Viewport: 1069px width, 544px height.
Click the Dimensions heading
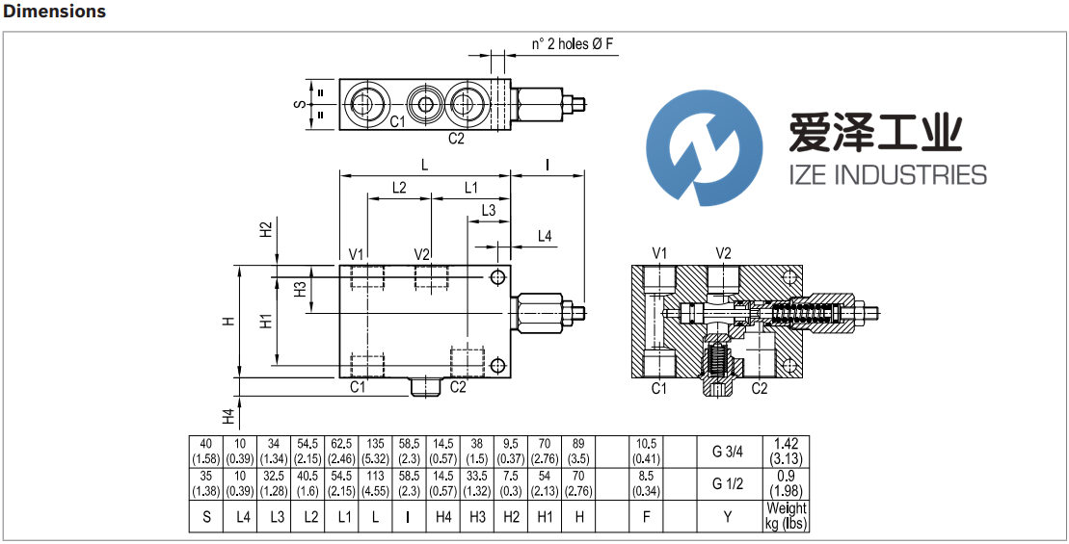(x=55, y=12)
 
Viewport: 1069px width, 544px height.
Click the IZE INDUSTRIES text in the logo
(x=875, y=174)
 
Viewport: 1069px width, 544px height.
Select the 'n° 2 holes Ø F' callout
(x=573, y=44)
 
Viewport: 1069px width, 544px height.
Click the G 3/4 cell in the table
(x=728, y=451)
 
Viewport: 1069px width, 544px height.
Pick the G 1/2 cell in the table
(x=728, y=484)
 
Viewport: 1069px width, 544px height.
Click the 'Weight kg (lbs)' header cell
(x=786, y=516)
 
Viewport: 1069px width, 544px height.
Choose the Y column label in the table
(x=728, y=517)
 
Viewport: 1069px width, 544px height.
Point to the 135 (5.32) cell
(x=376, y=451)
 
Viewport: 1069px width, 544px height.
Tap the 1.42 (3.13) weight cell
(x=786, y=451)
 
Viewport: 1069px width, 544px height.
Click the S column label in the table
(x=206, y=517)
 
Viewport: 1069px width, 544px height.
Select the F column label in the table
(x=647, y=517)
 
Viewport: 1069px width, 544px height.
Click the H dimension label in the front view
(x=228, y=322)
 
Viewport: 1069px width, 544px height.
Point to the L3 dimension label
(x=488, y=210)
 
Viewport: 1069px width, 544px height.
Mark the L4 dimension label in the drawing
(x=545, y=236)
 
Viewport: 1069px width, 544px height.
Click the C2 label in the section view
(x=760, y=388)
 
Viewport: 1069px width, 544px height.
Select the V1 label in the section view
(x=660, y=252)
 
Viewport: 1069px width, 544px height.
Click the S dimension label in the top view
(x=299, y=103)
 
